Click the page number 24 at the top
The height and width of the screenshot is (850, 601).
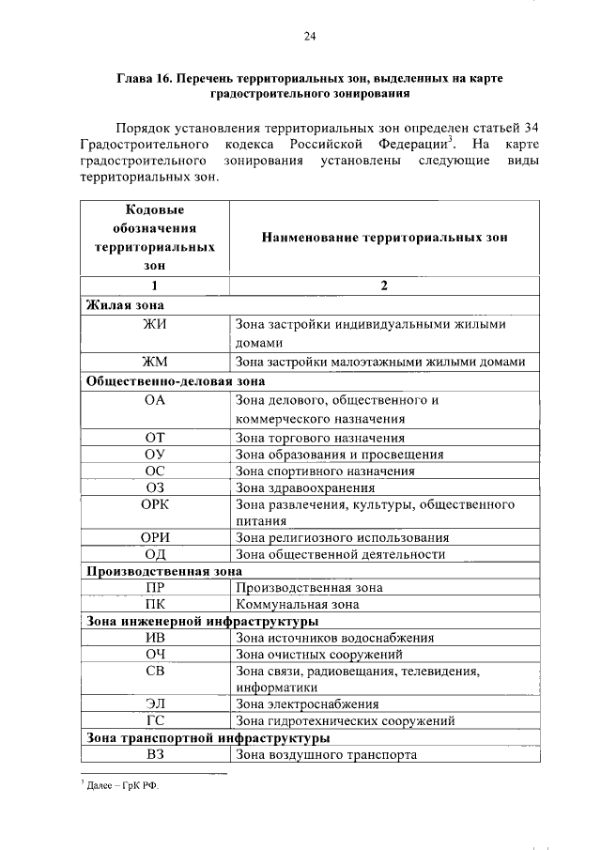pos(309,37)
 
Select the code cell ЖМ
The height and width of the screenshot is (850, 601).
pos(155,363)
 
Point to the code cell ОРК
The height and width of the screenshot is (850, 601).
pos(155,505)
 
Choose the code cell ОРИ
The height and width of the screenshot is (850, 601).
pos(155,538)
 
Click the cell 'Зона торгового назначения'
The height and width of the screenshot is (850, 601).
pos(320,438)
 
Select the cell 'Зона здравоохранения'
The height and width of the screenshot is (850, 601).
pos(305,487)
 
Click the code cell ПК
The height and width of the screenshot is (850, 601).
pos(155,605)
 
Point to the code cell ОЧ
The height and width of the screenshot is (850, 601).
pos(155,654)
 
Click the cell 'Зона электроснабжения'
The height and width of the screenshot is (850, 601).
pos(307,703)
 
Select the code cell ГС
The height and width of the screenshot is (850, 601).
pos(155,721)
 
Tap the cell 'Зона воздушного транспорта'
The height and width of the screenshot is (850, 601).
pos(326,754)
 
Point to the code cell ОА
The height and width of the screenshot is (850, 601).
pos(155,400)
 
